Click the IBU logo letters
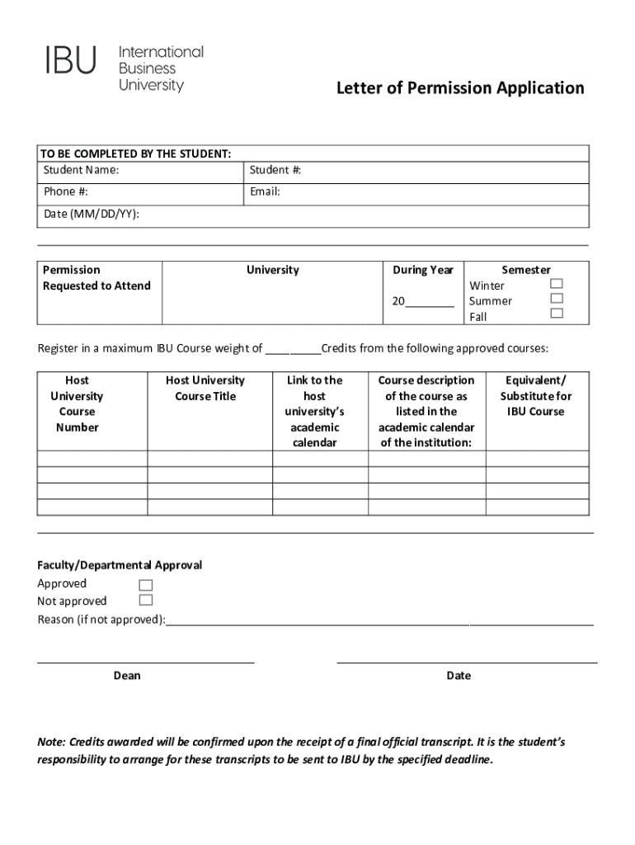tap(71, 60)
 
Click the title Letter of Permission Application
tap(459, 88)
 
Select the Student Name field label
tap(81, 170)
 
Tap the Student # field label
tap(275, 170)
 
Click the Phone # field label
tap(66, 192)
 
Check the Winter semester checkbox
tap(557, 283)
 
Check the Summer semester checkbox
tap(557, 298)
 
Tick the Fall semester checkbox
tap(557, 314)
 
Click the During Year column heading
tap(423, 270)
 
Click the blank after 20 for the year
tap(430, 302)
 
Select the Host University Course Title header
tap(205, 389)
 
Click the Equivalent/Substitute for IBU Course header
tap(535, 396)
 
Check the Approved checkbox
tap(146, 585)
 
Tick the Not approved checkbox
tap(146, 600)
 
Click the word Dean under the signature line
tap(127, 676)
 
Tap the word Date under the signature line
tap(459, 676)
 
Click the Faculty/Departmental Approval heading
tap(120, 565)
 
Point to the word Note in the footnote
tap(51, 743)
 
